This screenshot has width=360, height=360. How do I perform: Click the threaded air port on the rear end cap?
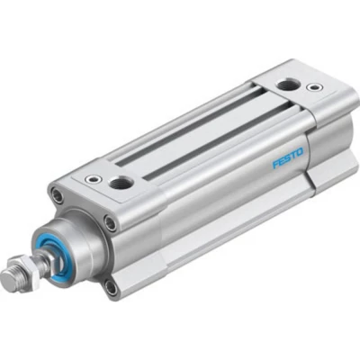point(287,85)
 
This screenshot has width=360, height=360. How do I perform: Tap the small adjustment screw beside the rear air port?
point(313,88)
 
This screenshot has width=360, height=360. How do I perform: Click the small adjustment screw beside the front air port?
point(93,178)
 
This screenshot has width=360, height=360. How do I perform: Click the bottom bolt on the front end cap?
point(110,287)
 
